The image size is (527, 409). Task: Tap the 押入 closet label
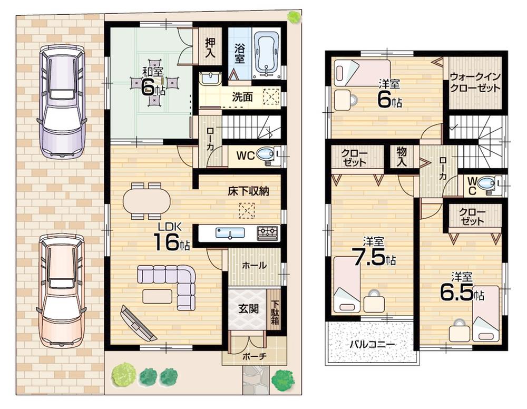[x=209, y=46]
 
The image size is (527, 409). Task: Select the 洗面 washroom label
[x=242, y=98]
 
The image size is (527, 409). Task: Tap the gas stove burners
[x=267, y=232]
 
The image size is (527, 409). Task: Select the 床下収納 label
[x=248, y=191]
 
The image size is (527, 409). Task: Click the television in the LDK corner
[x=138, y=323]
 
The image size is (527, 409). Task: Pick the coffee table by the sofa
[x=157, y=297]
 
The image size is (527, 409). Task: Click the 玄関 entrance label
[x=246, y=309]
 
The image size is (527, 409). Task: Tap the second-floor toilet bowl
[x=486, y=184]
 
